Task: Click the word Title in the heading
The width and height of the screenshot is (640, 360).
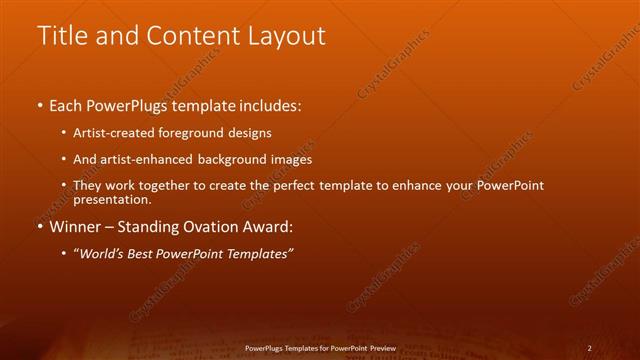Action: tap(61, 36)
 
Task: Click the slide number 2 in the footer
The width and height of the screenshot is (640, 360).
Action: tap(589, 348)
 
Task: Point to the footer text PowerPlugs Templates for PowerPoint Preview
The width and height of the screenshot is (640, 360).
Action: tap(320, 348)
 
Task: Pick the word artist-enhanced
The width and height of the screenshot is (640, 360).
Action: tap(157, 159)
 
